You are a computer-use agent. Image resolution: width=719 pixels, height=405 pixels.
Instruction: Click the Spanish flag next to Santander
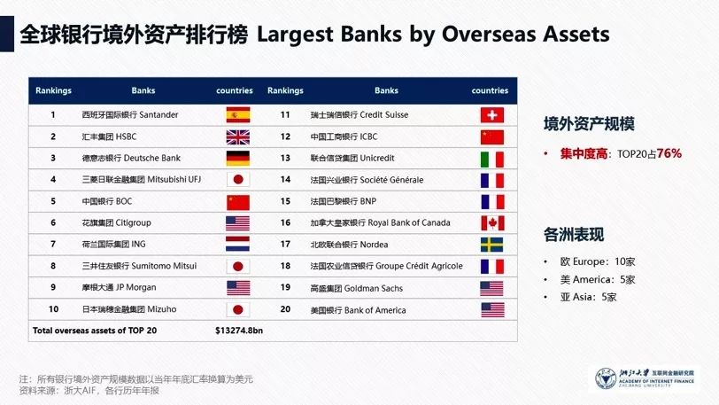(238, 115)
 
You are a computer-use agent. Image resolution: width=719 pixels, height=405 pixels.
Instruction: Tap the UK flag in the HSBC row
(238, 136)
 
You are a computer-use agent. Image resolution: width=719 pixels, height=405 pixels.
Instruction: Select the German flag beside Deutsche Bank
(238, 159)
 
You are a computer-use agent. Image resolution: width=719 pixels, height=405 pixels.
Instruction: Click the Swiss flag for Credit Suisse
(492, 115)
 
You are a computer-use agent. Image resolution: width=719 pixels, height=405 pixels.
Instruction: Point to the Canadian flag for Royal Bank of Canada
(492, 223)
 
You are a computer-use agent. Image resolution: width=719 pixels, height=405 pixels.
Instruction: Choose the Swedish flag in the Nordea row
(492, 245)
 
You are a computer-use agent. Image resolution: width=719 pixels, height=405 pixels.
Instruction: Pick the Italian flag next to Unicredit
(492, 159)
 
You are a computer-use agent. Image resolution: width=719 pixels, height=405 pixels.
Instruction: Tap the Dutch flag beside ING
(238, 244)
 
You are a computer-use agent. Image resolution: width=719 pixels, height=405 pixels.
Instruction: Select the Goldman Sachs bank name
(374, 288)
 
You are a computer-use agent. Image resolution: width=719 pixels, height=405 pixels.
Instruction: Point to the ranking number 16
(285, 222)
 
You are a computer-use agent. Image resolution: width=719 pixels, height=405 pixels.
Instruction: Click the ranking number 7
(53, 245)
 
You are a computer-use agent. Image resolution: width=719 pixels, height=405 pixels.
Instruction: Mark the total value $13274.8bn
(239, 331)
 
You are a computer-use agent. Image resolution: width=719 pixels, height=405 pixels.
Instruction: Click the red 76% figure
(669, 153)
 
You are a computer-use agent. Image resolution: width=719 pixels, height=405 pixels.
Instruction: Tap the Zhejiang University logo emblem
(606, 379)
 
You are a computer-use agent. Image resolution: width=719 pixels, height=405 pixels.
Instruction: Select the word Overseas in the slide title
(490, 34)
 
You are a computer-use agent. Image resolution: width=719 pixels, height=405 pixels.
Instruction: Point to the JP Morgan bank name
(135, 287)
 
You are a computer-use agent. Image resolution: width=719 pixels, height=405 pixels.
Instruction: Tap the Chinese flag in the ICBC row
(492, 136)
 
